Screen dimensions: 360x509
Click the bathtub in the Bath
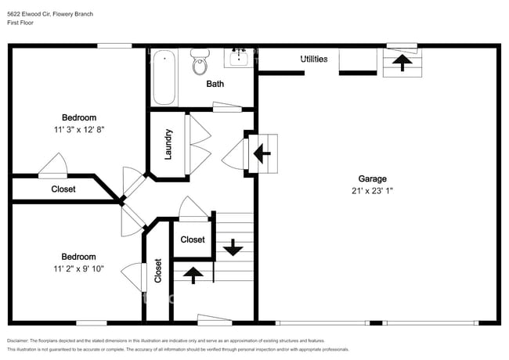click(x=164, y=77)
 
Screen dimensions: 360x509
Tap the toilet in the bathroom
click(x=200, y=63)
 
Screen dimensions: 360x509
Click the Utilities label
click(x=314, y=59)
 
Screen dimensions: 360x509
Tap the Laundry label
click(x=168, y=145)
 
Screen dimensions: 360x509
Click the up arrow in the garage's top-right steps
click(x=403, y=62)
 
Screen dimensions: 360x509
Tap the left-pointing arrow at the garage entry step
click(x=262, y=153)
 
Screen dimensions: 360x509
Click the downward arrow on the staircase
click(x=233, y=248)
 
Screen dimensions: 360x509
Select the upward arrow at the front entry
click(x=193, y=274)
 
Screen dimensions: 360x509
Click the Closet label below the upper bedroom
click(x=63, y=189)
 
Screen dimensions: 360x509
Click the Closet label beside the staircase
click(x=193, y=239)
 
